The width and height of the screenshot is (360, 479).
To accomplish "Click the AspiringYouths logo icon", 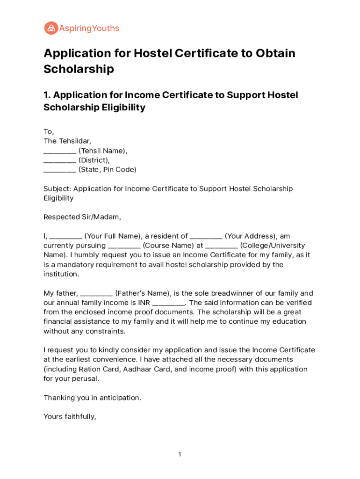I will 50,29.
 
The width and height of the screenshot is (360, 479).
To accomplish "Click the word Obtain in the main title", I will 275,53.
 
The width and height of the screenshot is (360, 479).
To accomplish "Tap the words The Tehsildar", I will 67,141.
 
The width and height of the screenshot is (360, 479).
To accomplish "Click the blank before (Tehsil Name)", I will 60,151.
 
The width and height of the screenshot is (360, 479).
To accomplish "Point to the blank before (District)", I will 60,160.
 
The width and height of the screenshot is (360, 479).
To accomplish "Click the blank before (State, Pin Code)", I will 60,170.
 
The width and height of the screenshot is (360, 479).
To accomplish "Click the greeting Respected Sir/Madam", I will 82,217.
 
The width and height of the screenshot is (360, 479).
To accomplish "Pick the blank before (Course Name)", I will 124,246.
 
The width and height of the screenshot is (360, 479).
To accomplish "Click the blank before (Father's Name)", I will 96,293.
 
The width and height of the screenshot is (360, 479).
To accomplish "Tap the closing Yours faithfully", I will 70,416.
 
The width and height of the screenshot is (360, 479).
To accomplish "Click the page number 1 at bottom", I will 180,455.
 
